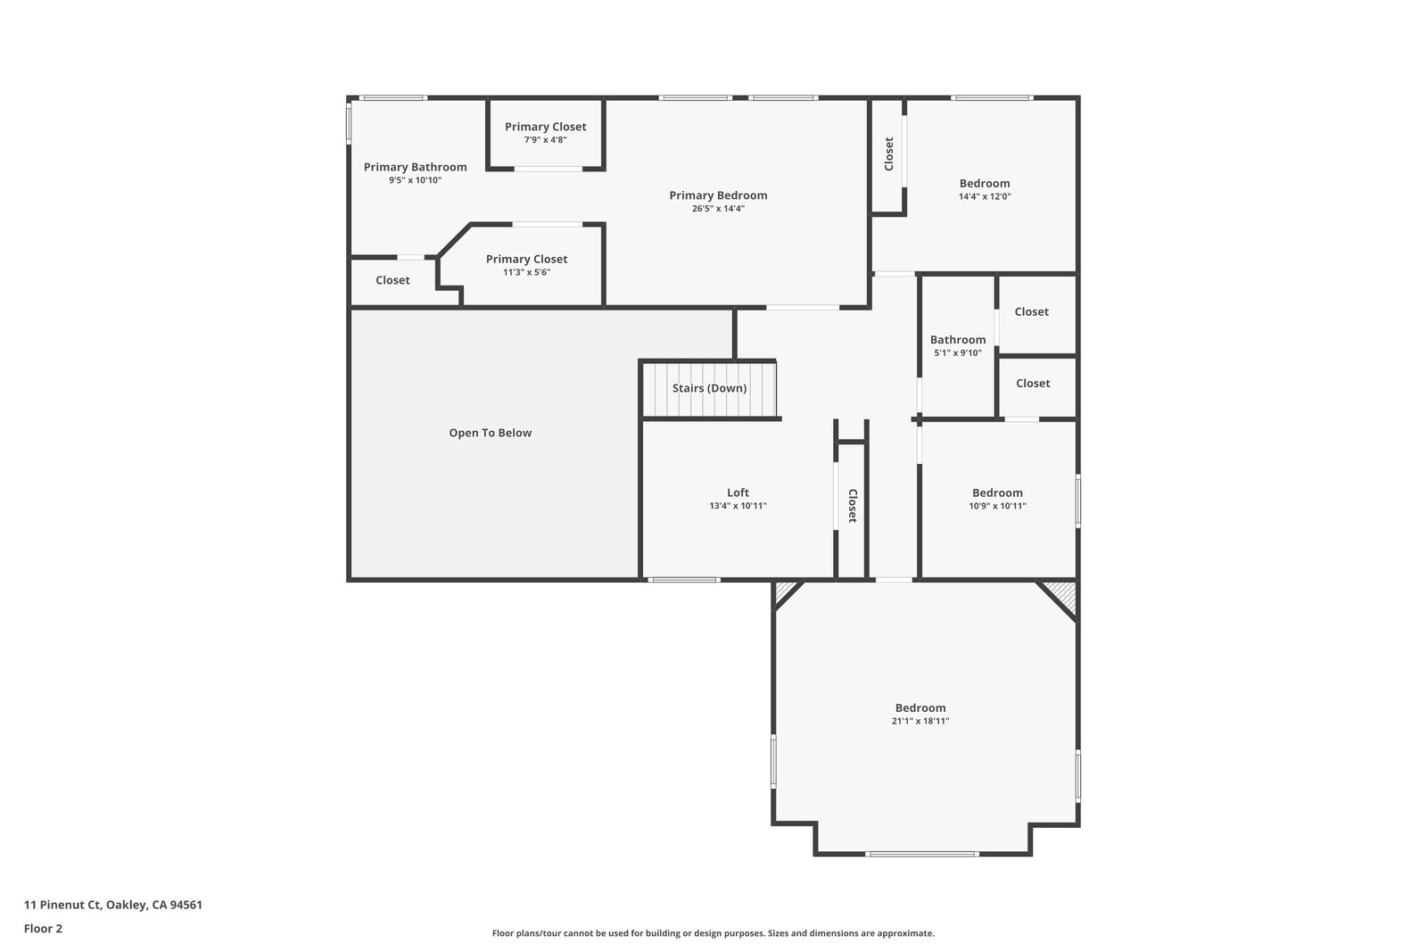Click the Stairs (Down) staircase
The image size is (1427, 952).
(x=710, y=389)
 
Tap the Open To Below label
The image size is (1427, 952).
(x=490, y=433)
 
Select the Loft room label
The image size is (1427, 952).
(x=738, y=493)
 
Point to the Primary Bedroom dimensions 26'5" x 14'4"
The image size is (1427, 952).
(x=718, y=209)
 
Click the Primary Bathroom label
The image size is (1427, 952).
(x=416, y=167)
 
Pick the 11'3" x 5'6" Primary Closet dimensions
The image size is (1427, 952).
(x=527, y=272)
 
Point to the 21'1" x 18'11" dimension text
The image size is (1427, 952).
(x=920, y=721)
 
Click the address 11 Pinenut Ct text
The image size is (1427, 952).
(x=62, y=905)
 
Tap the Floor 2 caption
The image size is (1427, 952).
(x=44, y=929)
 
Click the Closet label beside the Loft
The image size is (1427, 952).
(x=853, y=506)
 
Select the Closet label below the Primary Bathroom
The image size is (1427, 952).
(x=392, y=280)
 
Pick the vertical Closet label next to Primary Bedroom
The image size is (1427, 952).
(x=888, y=154)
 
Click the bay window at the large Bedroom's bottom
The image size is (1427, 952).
(x=921, y=854)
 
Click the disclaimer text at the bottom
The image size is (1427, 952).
(x=713, y=933)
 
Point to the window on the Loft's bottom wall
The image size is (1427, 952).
(x=683, y=580)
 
